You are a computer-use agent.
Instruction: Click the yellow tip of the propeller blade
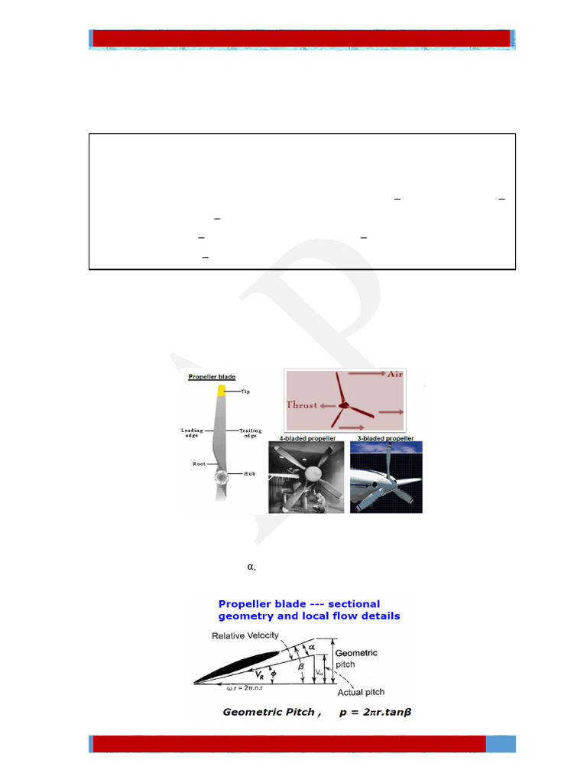point(222,391)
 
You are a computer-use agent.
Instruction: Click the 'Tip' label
point(245,391)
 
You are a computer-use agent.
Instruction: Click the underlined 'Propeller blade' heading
point(212,377)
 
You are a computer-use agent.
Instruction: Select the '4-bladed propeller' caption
point(303,439)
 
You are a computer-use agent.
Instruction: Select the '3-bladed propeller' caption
point(385,439)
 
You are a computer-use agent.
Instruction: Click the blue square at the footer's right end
point(501,744)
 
